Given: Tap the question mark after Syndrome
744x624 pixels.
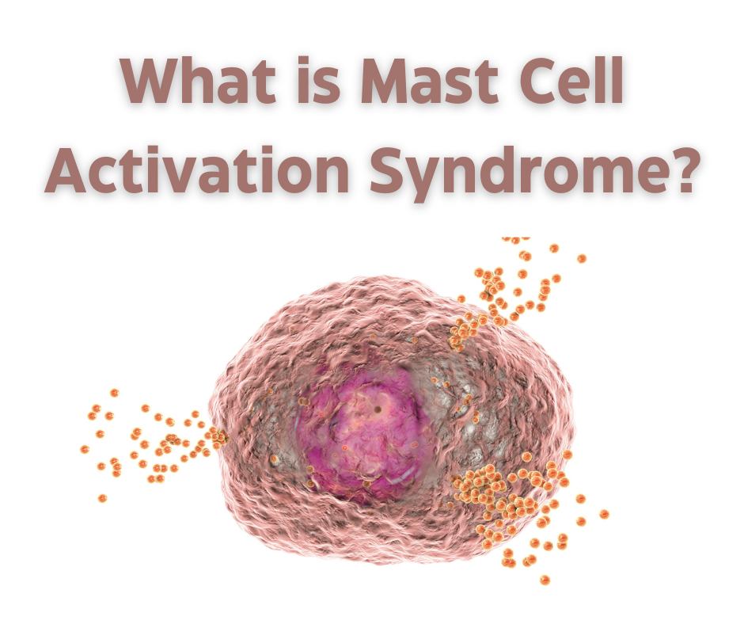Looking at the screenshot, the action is pyautogui.click(x=680, y=168).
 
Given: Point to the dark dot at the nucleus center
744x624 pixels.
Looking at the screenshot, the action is pyautogui.click(x=378, y=409).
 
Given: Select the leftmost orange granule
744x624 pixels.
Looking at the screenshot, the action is pyautogui.click(x=85, y=449).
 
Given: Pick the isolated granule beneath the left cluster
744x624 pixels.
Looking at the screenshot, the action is pyautogui.click(x=102, y=497).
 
